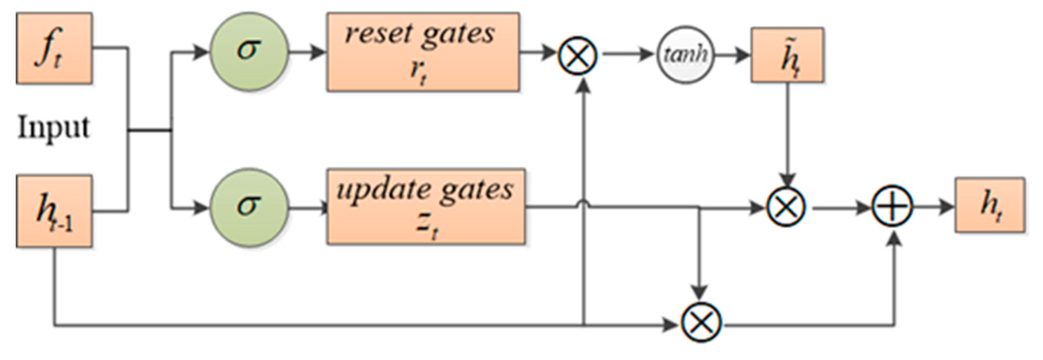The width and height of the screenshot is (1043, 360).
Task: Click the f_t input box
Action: pyautogui.click(x=54, y=48)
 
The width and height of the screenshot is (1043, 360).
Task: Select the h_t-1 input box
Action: pyautogui.click(x=54, y=211)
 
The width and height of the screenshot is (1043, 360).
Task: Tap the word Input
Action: pyautogui.click(x=53, y=127)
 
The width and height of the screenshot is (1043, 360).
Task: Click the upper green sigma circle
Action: pyautogui.click(x=248, y=52)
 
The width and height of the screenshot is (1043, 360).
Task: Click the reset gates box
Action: pyautogui.click(x=423, y=52)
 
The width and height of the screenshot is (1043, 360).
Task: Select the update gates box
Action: pyautogui.click(x=426, y=206)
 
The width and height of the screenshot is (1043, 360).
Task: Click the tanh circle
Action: pyautogui.click(x=684, y=55)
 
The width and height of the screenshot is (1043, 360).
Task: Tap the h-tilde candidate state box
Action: pyautogui.click(x=788, y=55)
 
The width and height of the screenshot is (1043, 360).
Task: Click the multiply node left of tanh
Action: pyautogui.click(x=578, y=55)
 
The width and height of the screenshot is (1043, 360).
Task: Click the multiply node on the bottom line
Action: pyautogui.click(x=701, y=323)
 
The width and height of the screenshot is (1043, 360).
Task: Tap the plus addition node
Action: pyautogui.click(x=893, y=207)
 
